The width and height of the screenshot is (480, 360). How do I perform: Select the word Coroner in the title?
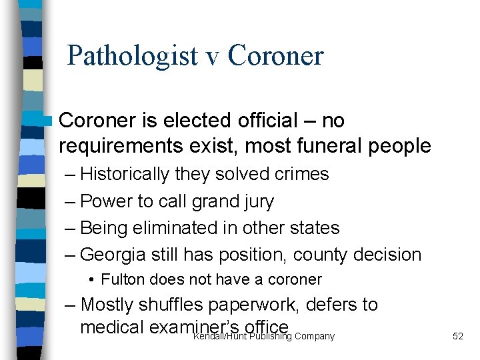pos(275,56)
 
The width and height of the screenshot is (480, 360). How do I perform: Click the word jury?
pos(257,201)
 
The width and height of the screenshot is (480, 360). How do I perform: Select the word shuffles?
pos(171,305)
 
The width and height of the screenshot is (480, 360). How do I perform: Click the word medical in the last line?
pos(109,327)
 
